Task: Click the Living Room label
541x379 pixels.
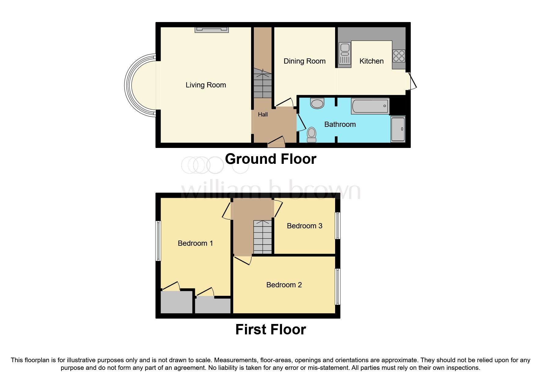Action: coord(206,85)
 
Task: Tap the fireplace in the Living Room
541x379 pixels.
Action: coord(212,30)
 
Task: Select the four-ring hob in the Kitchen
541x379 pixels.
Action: coord(399,56)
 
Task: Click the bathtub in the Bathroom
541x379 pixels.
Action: coord(370,106)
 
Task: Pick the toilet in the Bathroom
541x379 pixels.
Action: coord(312,135)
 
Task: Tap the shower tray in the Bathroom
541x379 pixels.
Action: coord(398,129)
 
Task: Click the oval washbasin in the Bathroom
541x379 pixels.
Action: coord(317,103)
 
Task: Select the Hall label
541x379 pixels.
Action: coord(263,115)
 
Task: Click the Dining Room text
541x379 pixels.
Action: coord(305,61)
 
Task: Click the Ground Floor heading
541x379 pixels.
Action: coord(271,159)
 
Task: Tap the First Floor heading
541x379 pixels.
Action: coord(271,329)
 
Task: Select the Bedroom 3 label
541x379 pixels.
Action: coord(305,226)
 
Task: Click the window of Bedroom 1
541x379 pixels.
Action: coord(158,241)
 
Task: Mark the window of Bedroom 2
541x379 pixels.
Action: coord(338,287)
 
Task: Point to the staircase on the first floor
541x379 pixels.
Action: coord(262,237)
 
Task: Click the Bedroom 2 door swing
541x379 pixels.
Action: coord(243,260)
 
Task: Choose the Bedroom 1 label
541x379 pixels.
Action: coord(195,243)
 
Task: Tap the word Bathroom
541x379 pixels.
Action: coord(340,124)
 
